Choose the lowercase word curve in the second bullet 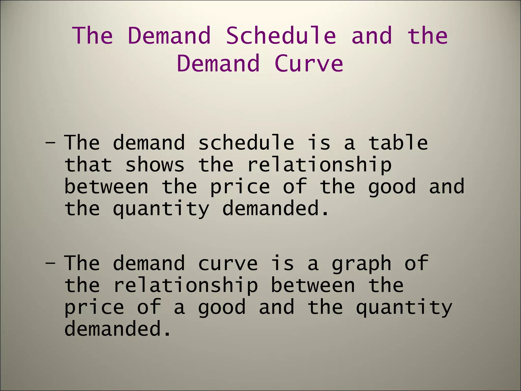tap(228, 263)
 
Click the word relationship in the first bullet tap(319, 165)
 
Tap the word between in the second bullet tap(313, 285)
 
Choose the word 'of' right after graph tap(416, 263)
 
